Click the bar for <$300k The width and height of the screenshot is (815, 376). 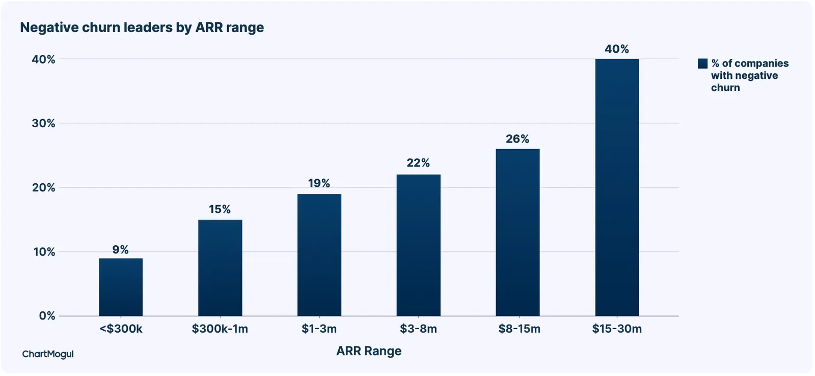[121, 287]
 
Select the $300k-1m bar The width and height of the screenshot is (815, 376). [220, 268]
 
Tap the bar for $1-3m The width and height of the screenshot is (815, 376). [319, 255]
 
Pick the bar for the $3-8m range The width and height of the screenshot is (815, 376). [418, 245]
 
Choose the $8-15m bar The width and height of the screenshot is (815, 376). [518, 233]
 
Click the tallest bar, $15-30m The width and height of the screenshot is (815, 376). [617, 187]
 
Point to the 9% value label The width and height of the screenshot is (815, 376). [120, 250]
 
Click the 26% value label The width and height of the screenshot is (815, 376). [518, 139]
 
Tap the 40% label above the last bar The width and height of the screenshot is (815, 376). [617, 49]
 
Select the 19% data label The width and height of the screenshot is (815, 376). [319, 183]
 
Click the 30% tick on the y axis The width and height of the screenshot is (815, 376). [43, 123]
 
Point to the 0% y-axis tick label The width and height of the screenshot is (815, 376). [47, 315]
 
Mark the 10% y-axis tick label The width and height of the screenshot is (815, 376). [44, 251]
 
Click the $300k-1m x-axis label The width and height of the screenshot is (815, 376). [220, 329]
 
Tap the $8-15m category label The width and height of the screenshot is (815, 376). [519, 329]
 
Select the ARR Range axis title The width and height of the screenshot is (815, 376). [369, 351]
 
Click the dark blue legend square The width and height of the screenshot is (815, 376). [702, 64]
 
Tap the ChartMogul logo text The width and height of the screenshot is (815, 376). [48, 354]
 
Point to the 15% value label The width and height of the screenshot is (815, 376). [220, 209]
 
